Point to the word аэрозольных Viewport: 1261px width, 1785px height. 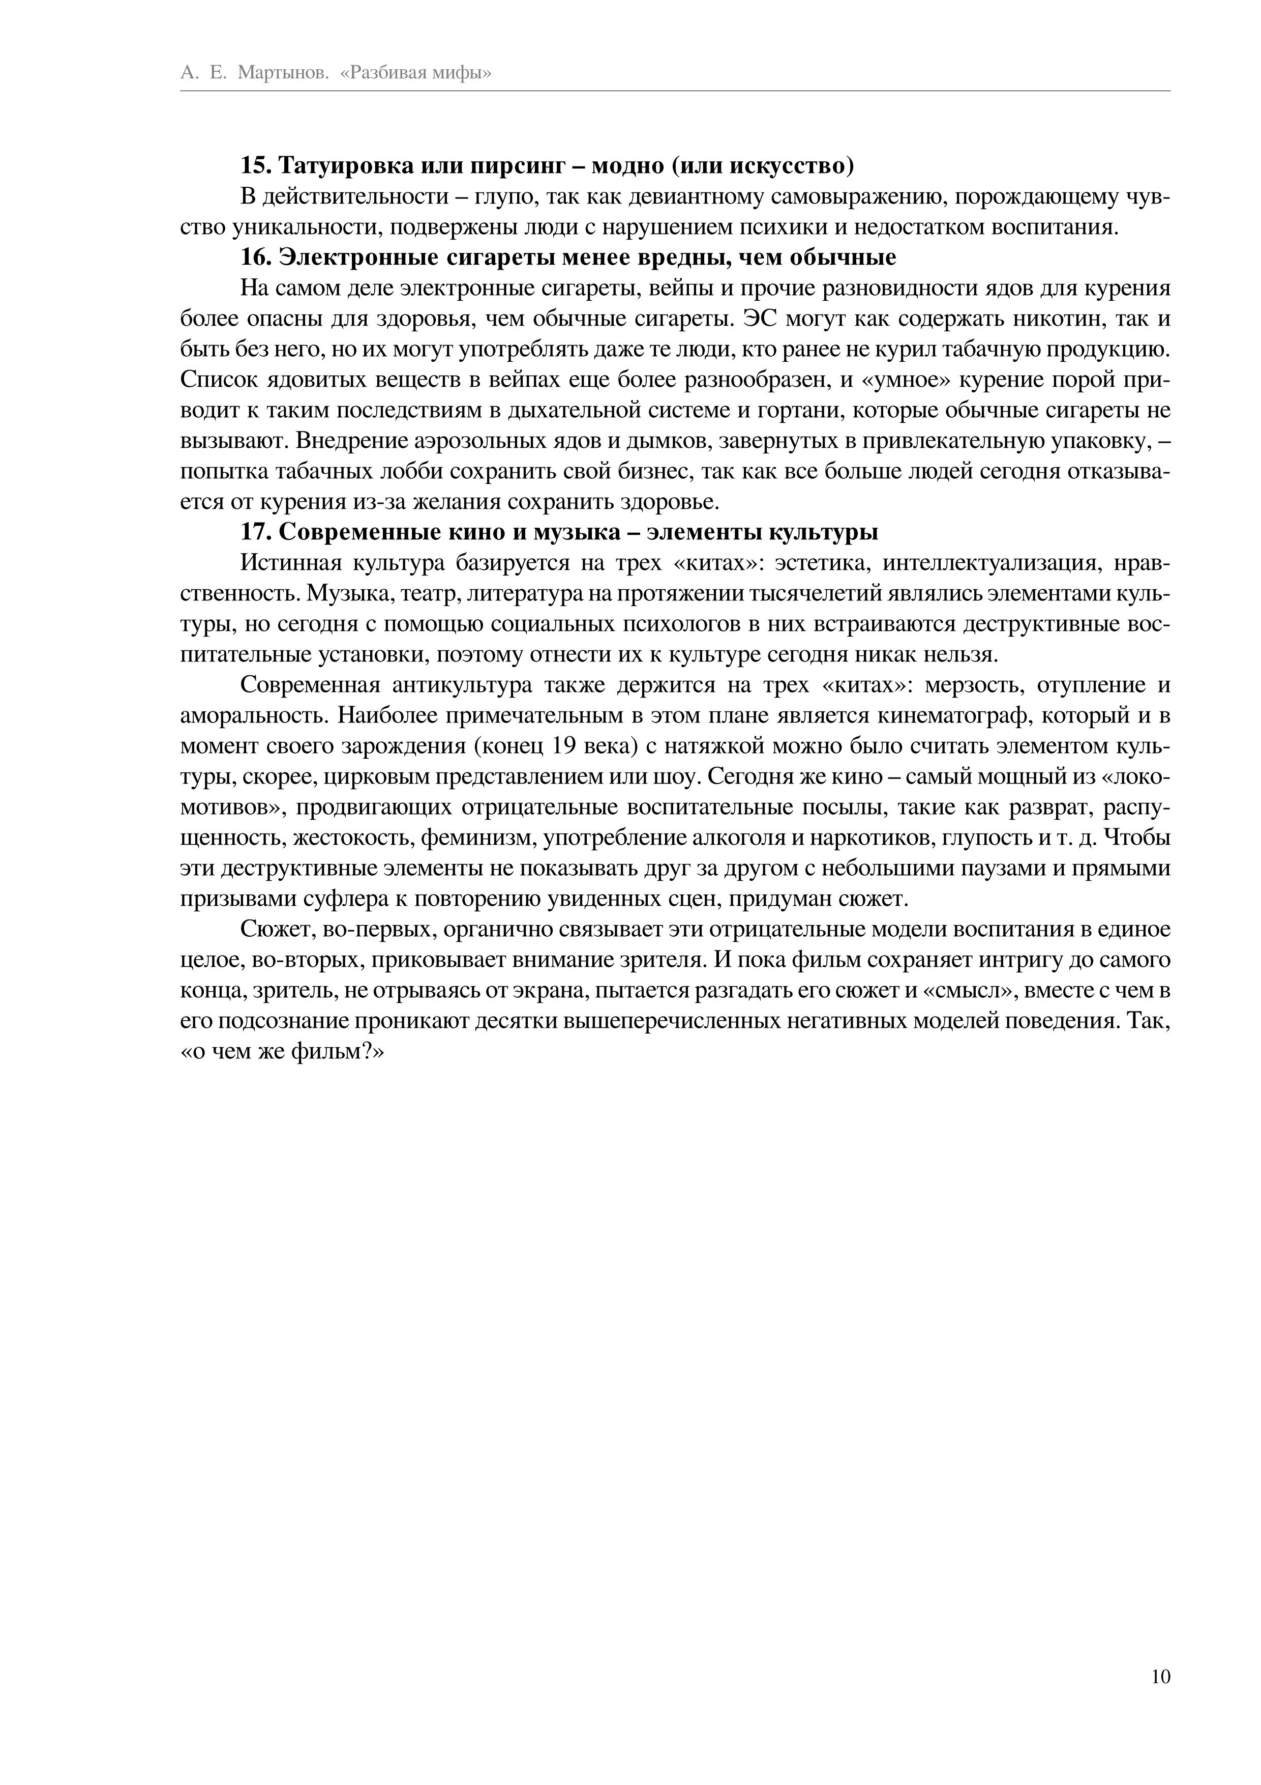(481, 442)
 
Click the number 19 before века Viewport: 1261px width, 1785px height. (563, 746)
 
